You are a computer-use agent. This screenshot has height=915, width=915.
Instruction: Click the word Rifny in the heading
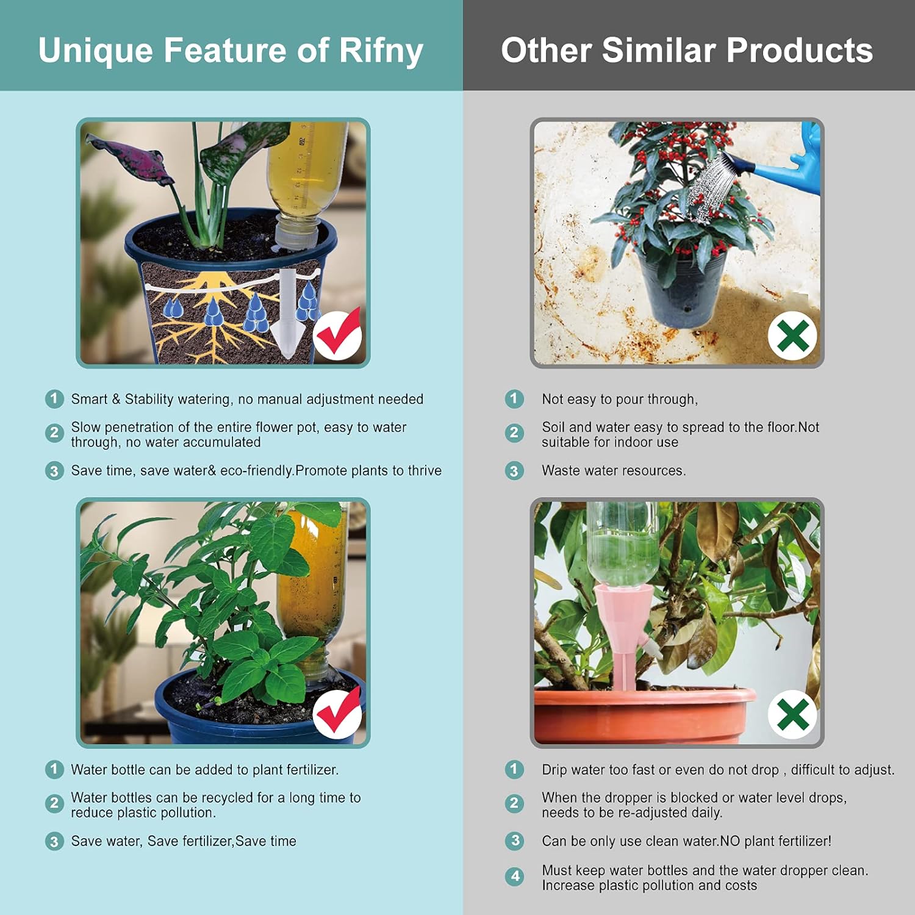click(381, 50)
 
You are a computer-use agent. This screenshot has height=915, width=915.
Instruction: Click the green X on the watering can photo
click(792, 335)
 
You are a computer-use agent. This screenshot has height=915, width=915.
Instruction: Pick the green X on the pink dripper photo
click(792, 714)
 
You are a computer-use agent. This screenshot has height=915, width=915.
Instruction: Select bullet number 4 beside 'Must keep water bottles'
click(514, 877)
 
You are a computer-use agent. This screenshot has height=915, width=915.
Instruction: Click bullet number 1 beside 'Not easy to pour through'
click(514, 399)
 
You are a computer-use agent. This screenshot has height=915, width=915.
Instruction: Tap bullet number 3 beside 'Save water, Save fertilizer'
click(54, 841)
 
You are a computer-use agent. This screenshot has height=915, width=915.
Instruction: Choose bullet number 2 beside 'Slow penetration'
click(54, 433)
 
